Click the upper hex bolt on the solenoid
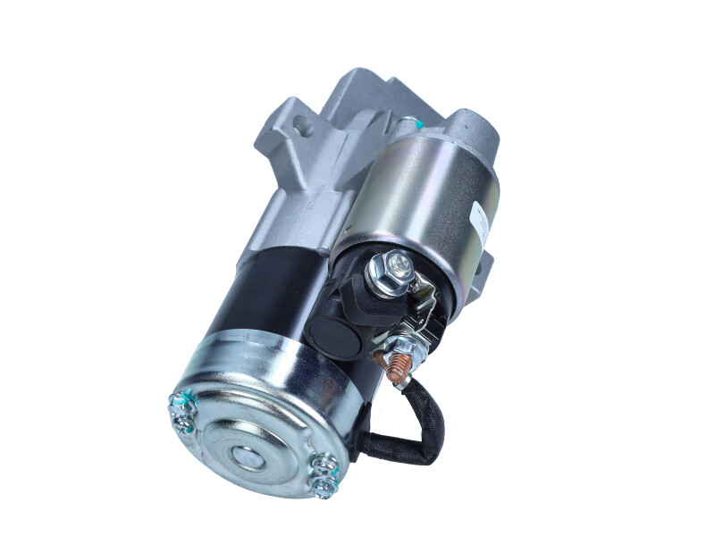click(394, 267)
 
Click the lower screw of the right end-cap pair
click(323, 483)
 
